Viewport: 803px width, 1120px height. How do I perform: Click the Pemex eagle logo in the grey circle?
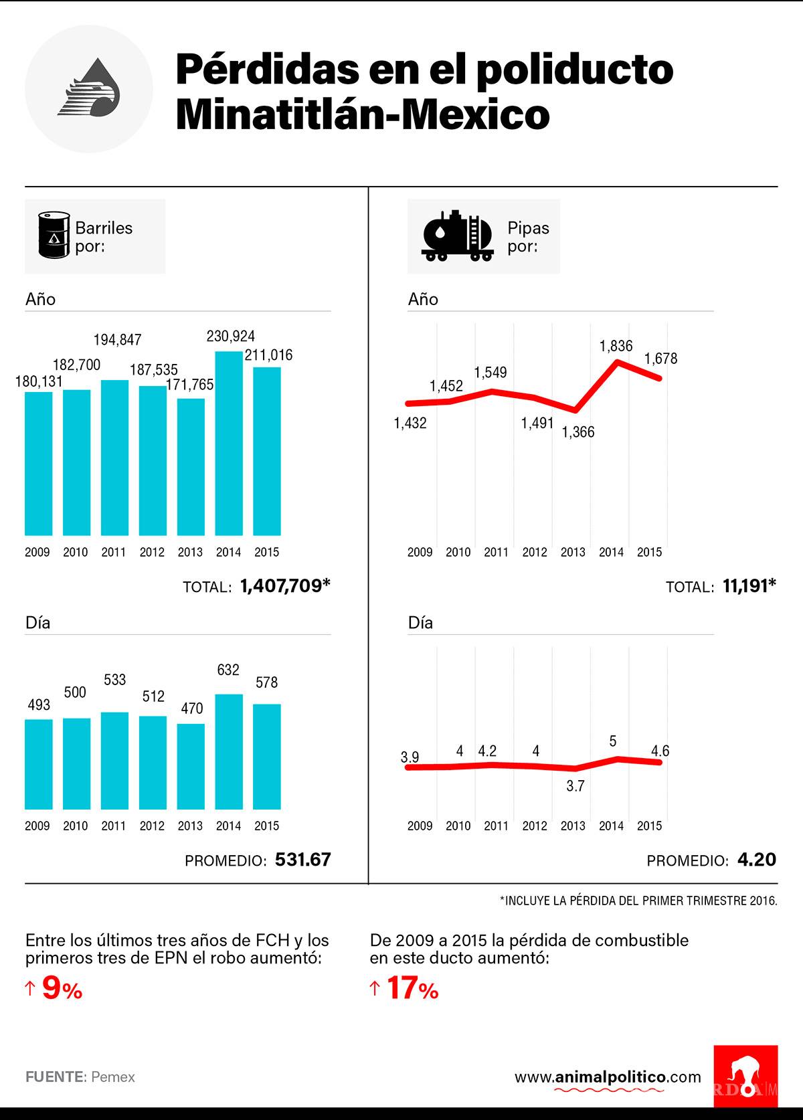click(89, 89)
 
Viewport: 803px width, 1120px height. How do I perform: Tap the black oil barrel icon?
click(54, 235)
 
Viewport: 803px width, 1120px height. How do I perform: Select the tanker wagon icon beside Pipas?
click(458, 236)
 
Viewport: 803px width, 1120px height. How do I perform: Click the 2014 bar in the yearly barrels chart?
click(228, 443)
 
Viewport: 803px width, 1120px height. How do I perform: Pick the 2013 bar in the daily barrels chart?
click(191, 766)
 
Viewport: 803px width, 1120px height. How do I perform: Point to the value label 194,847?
click(117, 340)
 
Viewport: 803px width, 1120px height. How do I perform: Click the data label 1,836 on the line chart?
click(616, 346)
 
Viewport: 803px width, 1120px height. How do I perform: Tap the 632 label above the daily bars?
click(228, 670)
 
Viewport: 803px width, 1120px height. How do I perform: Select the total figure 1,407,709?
click(285, 586)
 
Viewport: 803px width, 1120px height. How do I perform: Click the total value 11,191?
click(749, 586)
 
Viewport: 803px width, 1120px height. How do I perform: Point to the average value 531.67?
click(303, 860)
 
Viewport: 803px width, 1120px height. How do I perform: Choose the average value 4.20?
click(757, 860)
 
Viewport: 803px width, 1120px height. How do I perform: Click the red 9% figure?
click(62, 989)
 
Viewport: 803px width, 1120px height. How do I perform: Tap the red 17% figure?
click(412, 989)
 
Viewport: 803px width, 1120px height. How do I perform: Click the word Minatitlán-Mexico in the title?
click(362, 115)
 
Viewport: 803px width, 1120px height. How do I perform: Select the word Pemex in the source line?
click(113, 1077)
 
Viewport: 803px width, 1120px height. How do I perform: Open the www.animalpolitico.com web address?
click(608, 1077)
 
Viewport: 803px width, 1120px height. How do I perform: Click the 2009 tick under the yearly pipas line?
click(420, 552)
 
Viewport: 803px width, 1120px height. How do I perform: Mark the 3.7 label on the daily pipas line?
click(575, 786)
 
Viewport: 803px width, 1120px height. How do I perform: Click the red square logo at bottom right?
click(745, 1077)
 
